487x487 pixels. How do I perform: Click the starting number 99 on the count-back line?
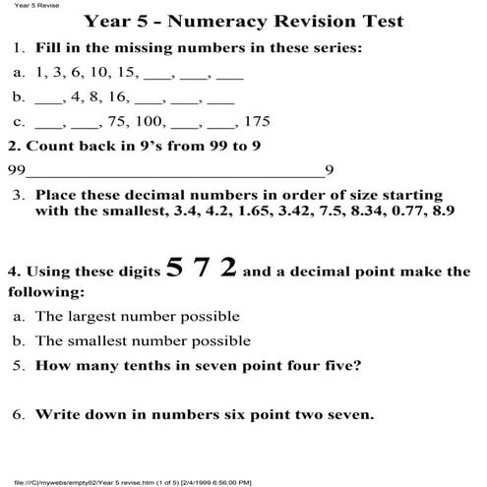(x=17, y=169)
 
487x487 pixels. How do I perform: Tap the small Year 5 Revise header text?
(x=22, y=5)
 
